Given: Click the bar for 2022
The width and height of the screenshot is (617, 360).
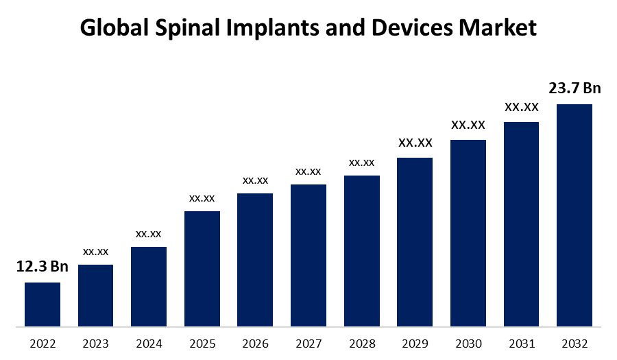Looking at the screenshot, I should coord(43,304).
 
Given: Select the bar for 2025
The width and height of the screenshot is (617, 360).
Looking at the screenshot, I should coord(202,268).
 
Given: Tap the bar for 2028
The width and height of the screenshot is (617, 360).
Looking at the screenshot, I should coord(362,250).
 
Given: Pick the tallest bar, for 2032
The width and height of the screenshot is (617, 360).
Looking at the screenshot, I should coord(574,215).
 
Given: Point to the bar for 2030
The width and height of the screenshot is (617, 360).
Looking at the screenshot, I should coord(468,232).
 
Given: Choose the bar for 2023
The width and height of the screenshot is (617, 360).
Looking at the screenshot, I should coord(96,295).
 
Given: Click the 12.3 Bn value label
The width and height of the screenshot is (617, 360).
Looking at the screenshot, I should coord(43,267).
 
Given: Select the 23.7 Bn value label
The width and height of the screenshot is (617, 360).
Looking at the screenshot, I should coord(574,88).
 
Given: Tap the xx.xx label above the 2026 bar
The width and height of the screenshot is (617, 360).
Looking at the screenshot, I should coord(255,180).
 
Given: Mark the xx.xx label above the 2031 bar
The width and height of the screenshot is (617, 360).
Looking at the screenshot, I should coord(522,107).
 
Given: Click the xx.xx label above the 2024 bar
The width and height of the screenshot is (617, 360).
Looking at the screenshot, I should coord(149,234).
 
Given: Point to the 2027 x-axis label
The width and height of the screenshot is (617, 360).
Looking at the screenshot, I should coord(308,344).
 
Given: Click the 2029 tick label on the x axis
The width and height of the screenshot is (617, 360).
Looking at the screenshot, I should coord(415,344).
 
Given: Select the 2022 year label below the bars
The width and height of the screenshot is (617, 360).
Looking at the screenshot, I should coord(43,344).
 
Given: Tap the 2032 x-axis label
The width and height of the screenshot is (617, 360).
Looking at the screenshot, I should coord(574,344).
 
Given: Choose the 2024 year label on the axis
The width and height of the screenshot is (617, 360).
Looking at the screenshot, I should coord(149,344).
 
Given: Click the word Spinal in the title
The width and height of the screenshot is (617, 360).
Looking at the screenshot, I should coord(173,28).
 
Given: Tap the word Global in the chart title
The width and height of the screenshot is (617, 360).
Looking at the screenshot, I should coord(108,28).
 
